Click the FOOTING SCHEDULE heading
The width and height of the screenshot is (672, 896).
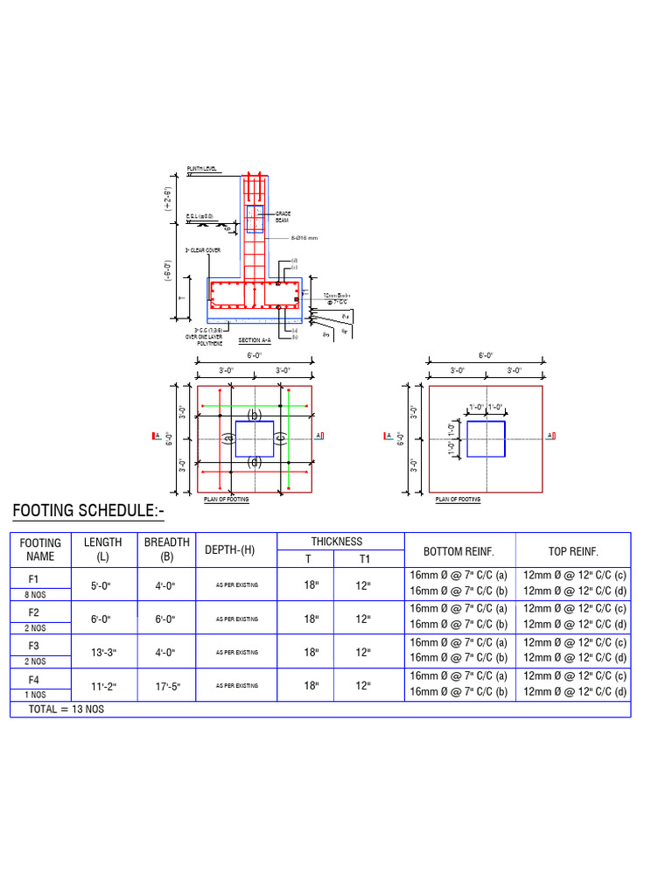(x=87, y=511)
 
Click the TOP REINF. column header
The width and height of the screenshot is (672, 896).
(x=572, y=551)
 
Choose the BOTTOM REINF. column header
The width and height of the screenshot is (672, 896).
(x=459, y=551)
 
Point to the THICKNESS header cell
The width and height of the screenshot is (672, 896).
(x=336, y=542)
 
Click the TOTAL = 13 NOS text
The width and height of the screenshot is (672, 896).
(x=66, y=709)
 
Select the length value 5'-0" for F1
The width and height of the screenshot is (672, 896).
(x=102, y=584)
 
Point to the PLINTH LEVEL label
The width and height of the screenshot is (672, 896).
(x=202, y=169)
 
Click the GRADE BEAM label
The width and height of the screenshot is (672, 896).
(x=282, y=217)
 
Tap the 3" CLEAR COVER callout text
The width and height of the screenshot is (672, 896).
(x=203, y=250)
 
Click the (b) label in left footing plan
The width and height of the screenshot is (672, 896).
(x=254, y=415)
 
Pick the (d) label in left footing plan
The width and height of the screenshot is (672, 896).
(x=254, y=463)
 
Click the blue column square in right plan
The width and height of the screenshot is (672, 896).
(x=486, y=438)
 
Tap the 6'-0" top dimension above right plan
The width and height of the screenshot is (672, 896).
(x=486, y=356)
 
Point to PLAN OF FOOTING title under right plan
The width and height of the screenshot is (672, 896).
(x=458, y=500)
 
